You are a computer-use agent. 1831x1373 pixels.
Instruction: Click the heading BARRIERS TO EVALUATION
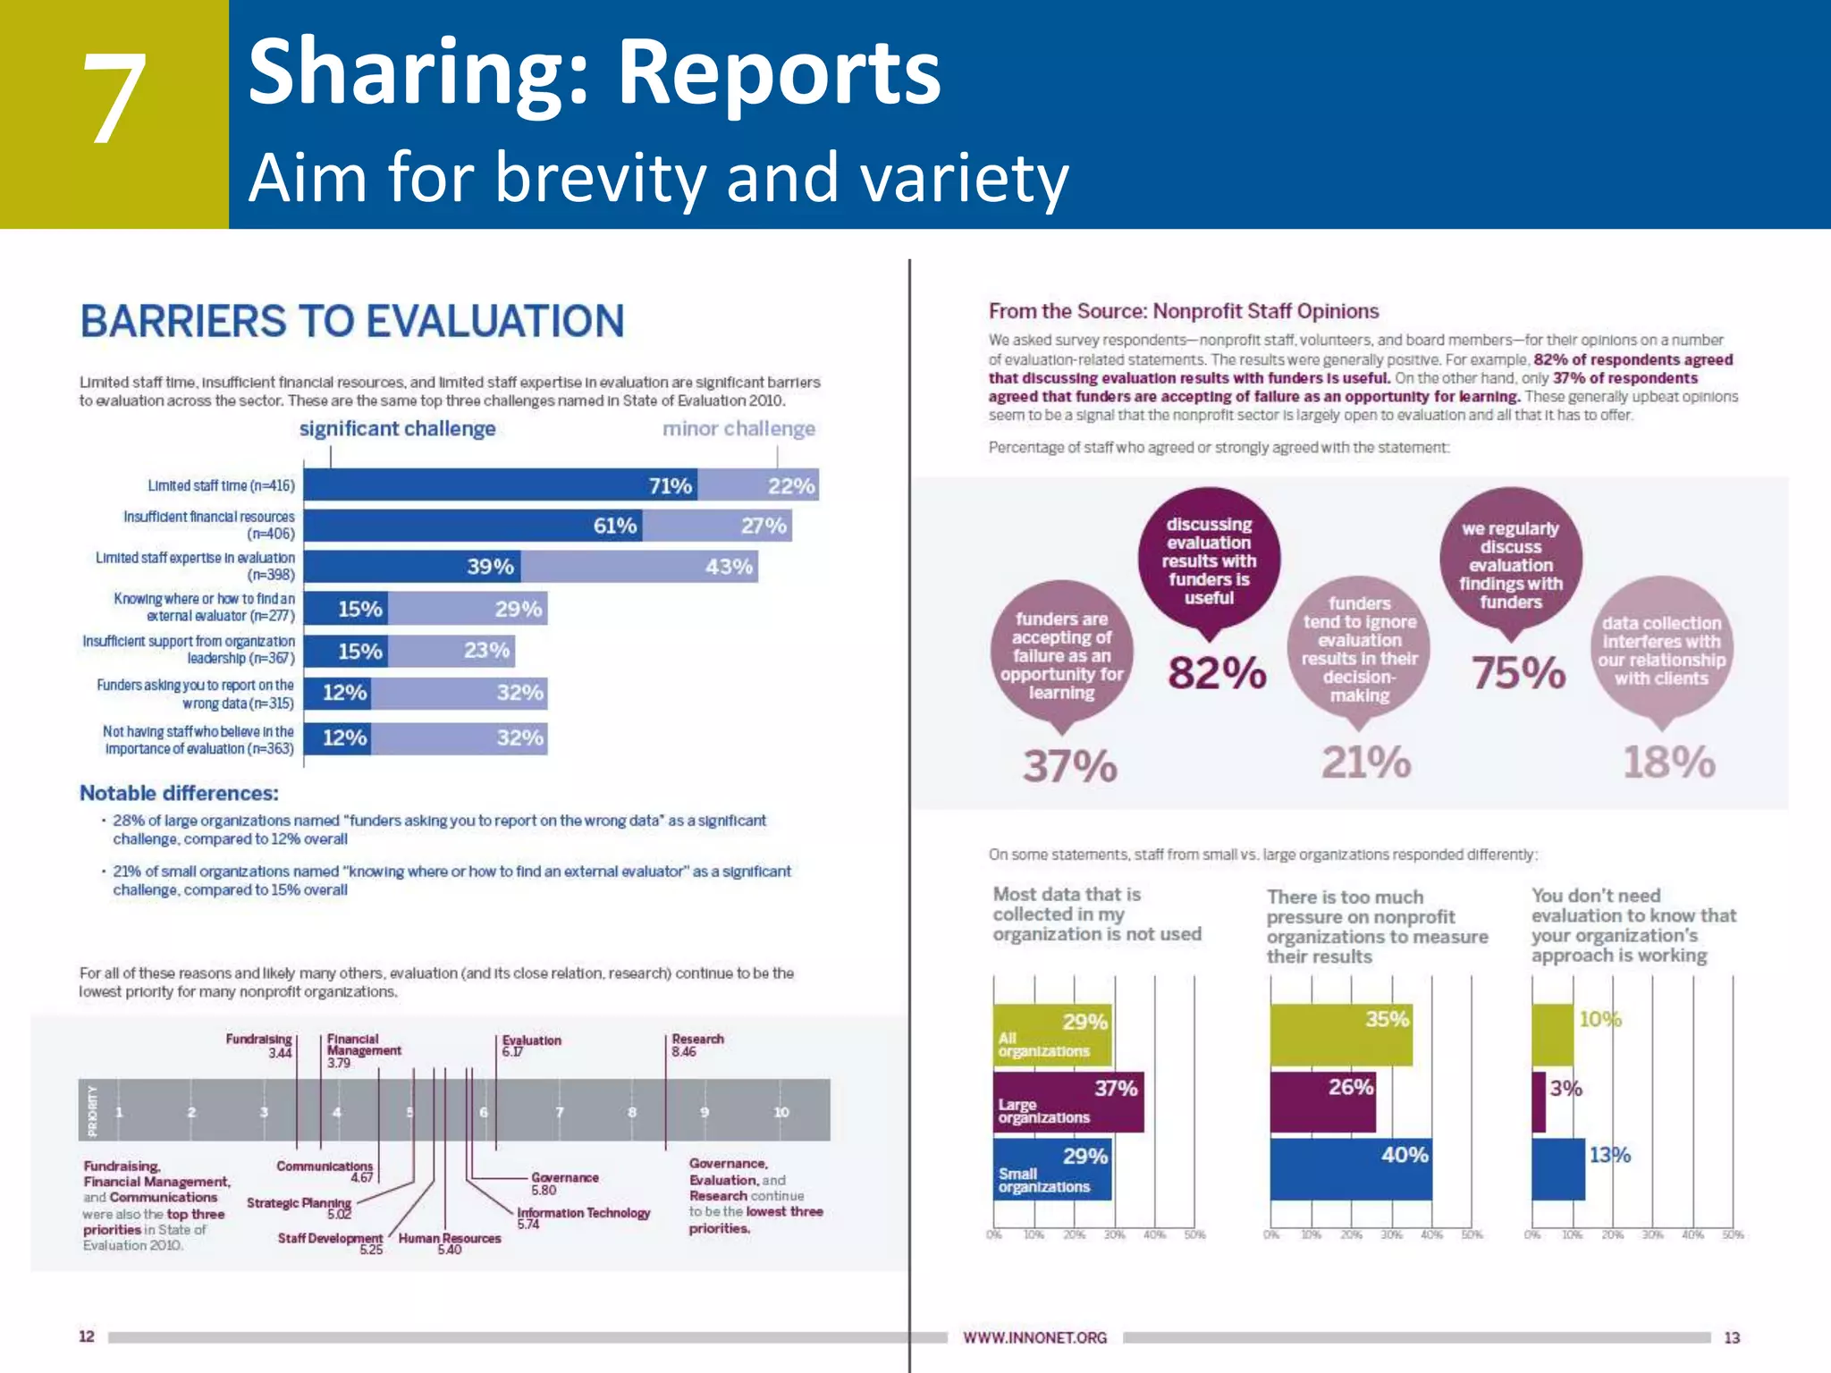[351, 322]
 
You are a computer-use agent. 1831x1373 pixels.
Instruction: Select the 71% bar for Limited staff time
[501, 485]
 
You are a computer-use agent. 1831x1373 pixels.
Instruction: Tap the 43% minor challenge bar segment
[639, 567]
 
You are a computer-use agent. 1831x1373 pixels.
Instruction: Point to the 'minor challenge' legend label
[738, 429]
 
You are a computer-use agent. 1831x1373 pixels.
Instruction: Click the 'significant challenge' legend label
[397, 429]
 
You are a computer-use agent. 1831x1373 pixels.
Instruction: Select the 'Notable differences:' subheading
[179, 793]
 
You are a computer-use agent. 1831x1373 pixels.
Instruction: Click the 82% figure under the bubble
[1217, 673]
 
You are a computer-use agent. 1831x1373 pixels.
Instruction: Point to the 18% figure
[1668, 762]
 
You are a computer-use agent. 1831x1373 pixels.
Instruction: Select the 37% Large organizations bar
[1068, 1102]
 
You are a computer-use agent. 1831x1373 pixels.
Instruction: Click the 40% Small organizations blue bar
[1350, 1169]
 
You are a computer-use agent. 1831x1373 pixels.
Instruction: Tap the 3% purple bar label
[1565, 1089]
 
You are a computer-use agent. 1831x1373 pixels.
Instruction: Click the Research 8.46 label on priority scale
[697, 1045]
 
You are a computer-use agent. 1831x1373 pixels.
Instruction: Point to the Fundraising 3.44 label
[259, 1046]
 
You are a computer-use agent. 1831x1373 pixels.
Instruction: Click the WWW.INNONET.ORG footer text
[1034, 1338]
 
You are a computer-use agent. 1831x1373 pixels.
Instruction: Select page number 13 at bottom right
[1732, 1338]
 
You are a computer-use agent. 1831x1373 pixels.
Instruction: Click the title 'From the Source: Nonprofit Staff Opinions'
[1183, 311]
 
